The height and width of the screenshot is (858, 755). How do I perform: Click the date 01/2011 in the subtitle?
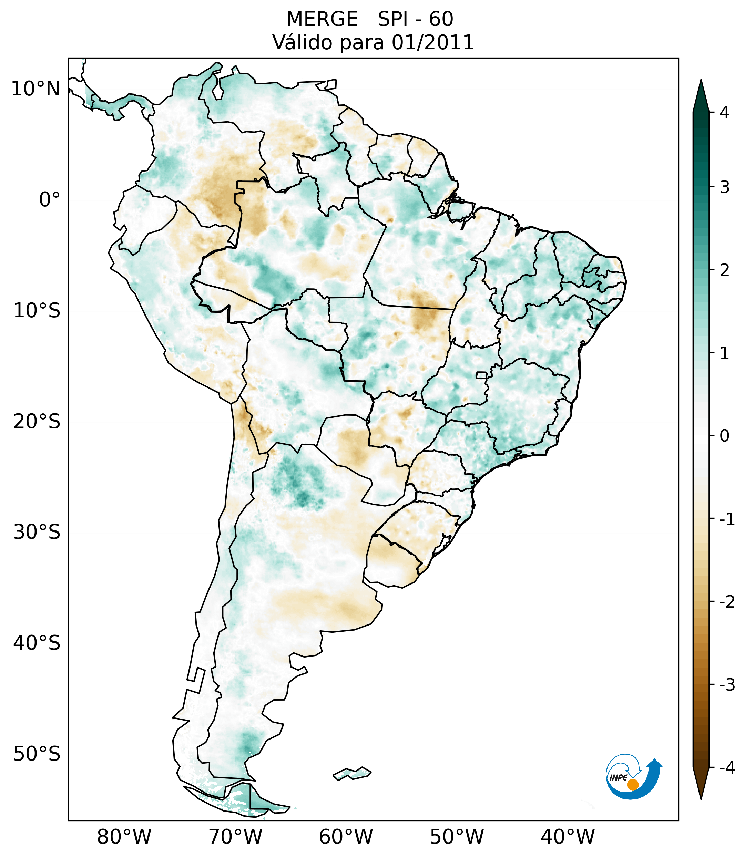(x=432, y=42)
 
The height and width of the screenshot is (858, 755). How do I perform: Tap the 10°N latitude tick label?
(x=36, y=89)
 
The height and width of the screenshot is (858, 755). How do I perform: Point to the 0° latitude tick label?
(x=50, y=200)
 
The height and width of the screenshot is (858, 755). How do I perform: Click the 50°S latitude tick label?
(x=37, y=754)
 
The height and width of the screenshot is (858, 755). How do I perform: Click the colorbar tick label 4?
(x=724, y=113)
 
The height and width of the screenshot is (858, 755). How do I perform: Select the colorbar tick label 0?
(x=724, y=436)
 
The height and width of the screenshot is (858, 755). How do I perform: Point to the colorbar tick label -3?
(x=727, y=685)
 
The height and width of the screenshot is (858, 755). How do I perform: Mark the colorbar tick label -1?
(x=727, y=519)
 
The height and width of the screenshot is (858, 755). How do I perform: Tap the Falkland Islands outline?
(x=352, y=773)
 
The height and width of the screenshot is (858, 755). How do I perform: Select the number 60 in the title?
(x=441, y=19)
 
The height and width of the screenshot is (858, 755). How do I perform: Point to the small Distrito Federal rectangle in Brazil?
(x=482, y=375)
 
